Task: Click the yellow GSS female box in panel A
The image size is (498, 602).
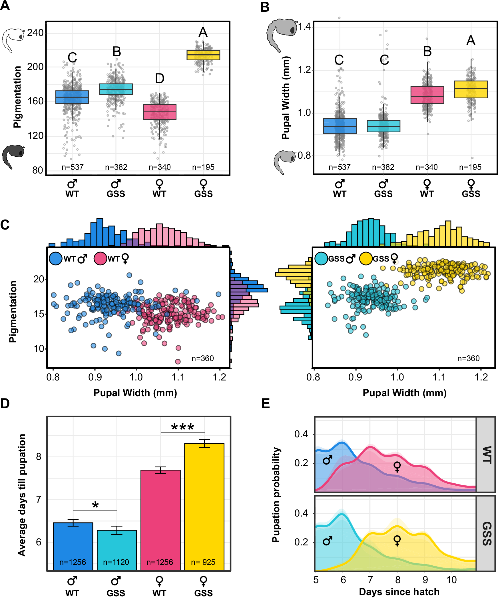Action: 203,55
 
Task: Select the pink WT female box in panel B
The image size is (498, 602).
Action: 427,95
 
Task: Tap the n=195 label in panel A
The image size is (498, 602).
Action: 203,167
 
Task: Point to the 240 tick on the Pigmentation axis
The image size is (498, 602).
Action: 35,33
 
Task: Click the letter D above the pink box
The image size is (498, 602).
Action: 160,78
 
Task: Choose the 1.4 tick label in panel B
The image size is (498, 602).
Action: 304,27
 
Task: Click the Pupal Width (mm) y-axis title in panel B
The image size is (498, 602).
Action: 286,98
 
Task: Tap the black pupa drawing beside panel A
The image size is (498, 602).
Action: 13,156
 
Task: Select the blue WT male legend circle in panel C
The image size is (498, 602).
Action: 56,258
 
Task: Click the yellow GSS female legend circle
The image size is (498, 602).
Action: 366,258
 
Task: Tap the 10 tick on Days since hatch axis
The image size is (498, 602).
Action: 451,580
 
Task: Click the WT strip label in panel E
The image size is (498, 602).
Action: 486,455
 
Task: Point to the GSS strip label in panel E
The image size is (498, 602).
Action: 486,533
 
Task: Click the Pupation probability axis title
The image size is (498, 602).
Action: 276,495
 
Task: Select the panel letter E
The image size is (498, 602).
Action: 266,403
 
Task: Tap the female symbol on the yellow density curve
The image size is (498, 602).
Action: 397,541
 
